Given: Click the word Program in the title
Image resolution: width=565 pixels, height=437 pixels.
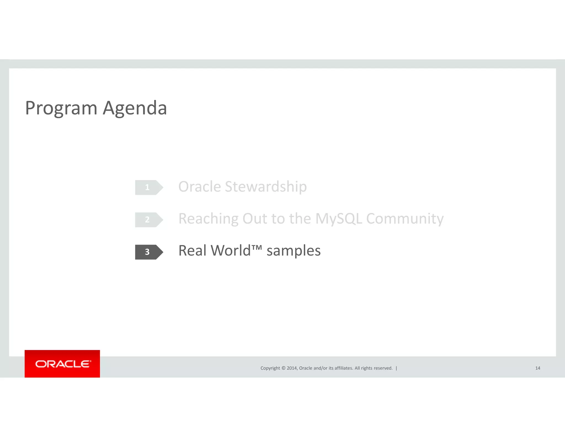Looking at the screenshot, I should pos(61,108).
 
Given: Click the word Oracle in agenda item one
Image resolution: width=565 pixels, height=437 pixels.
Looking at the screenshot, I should pos(200,187).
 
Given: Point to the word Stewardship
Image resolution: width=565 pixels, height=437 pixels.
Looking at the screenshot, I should pos(266,187).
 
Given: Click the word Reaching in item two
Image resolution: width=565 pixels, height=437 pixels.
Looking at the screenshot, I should pos(208,219).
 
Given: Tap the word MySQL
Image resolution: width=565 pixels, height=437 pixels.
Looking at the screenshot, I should pos(339,219).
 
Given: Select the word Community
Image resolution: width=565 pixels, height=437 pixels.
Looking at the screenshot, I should pos(405,219).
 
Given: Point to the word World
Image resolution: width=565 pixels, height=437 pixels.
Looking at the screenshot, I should pos(230,251).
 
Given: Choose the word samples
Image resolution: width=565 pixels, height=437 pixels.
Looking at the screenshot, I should pos(294,251).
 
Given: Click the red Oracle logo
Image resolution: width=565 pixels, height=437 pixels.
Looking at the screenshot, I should pos(62,364).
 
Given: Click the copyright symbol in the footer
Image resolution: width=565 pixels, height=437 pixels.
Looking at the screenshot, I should pos(283,368).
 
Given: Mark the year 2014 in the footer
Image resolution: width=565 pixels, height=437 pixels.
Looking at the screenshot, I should pos(292,368).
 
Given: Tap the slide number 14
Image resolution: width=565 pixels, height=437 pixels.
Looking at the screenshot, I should pos(538,368).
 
